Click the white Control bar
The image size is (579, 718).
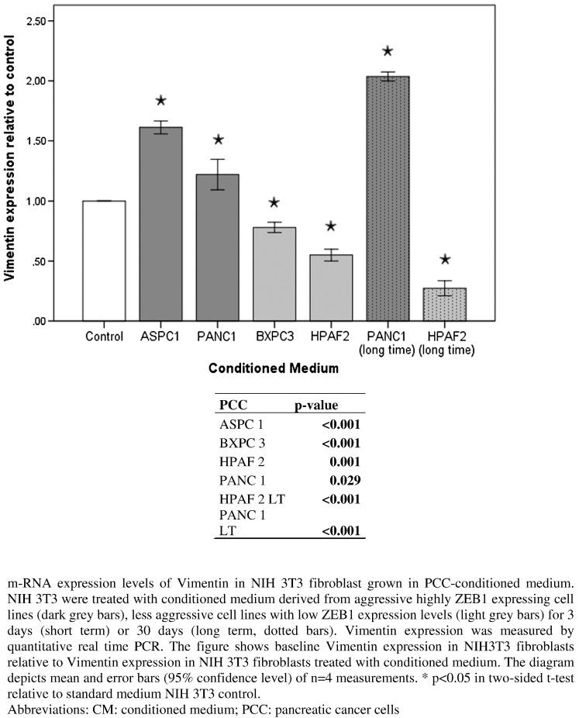(x=105, y=261)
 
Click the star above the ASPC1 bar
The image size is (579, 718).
(x=161, y=101)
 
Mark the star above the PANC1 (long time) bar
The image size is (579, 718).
(x=388, y=51)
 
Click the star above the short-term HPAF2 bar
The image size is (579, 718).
(x=331, y=226)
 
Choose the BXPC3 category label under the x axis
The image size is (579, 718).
(x=274, y=337)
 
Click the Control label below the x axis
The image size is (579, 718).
(x=105, y=337)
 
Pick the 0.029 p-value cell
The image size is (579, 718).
(x=346, y=479)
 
